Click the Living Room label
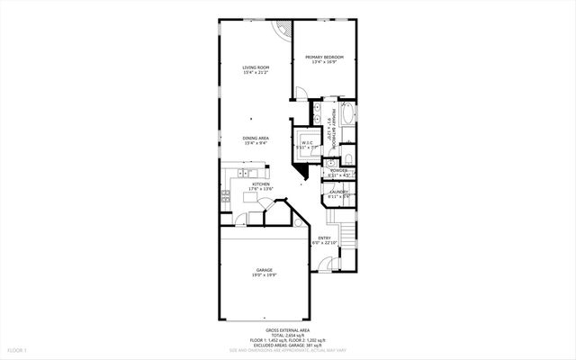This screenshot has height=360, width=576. (256, 67)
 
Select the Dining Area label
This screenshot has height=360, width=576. (256, 138)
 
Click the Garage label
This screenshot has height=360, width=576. (264, 269)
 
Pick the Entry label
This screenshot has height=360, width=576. (324, 238)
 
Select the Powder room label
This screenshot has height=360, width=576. (339, 169)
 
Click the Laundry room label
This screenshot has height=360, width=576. (339, 191)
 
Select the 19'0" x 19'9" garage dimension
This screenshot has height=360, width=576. (264, 275)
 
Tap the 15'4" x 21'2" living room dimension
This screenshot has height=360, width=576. (256, 73)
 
